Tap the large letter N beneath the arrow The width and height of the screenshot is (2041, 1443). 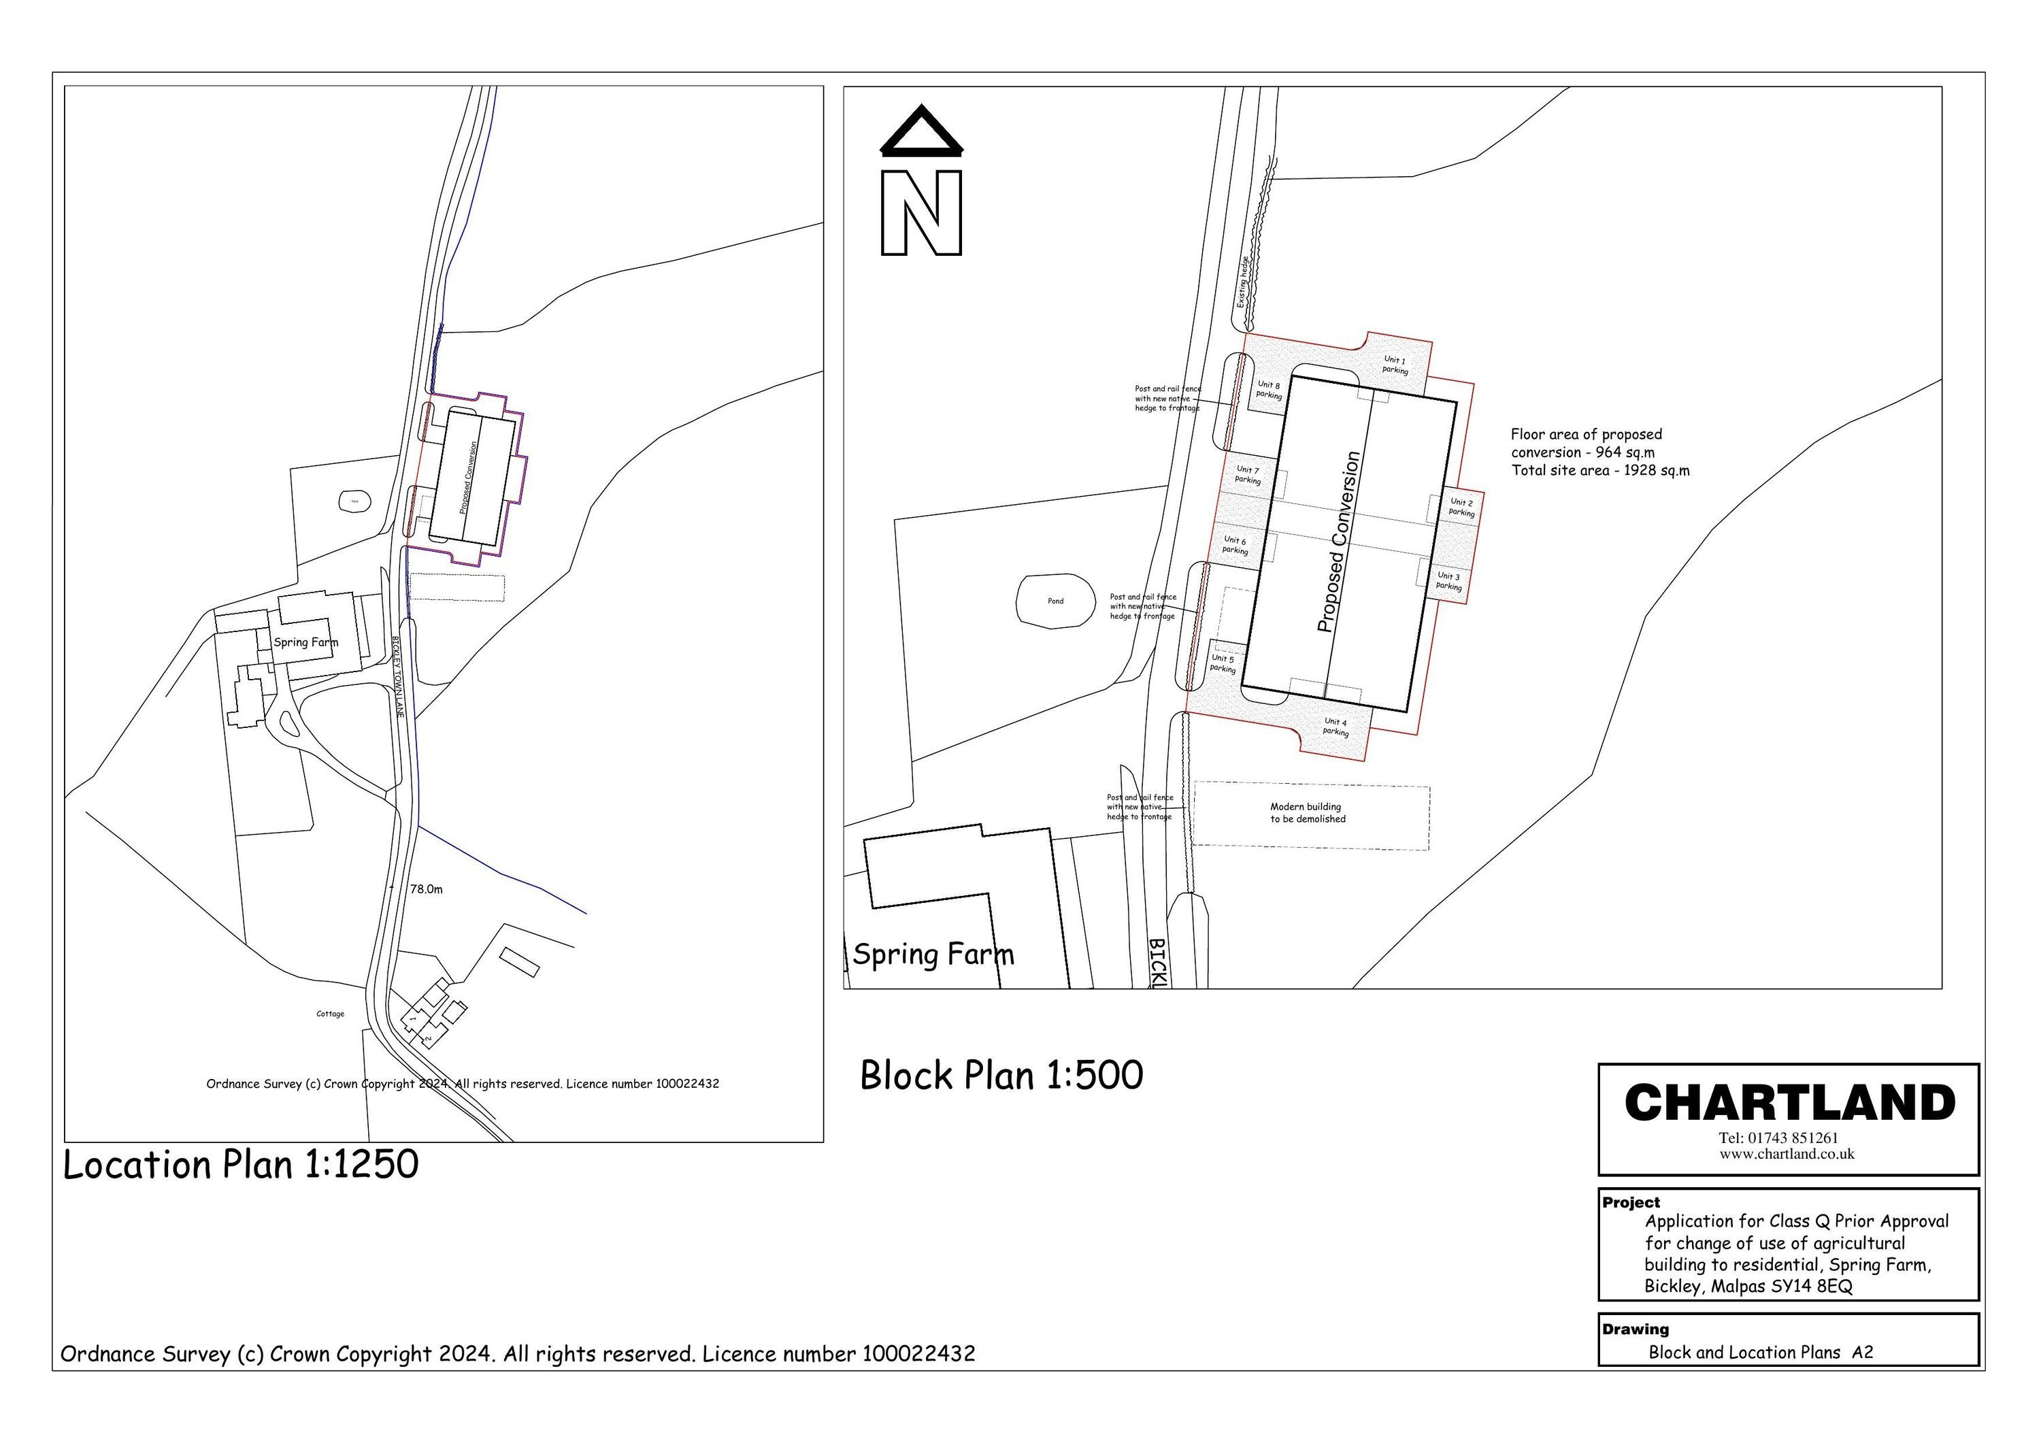[921, 212]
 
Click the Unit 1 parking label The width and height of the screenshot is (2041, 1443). [1395, 365]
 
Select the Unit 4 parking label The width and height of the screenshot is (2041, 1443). [1335, 727]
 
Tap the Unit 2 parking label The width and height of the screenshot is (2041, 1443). [1461, 508]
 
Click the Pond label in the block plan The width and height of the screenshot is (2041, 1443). [1055, 601]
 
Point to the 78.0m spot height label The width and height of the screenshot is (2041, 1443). [426, 889]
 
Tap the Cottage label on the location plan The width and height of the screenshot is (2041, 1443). [330, 1014]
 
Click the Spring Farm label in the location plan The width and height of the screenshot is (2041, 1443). [305, 642]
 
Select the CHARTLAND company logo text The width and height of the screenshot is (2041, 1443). [1789, 1104]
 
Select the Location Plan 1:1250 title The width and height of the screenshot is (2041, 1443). [240, 1165]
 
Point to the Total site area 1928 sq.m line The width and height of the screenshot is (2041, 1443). [1600, 470]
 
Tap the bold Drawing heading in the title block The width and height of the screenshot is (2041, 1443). [1635, 1330]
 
